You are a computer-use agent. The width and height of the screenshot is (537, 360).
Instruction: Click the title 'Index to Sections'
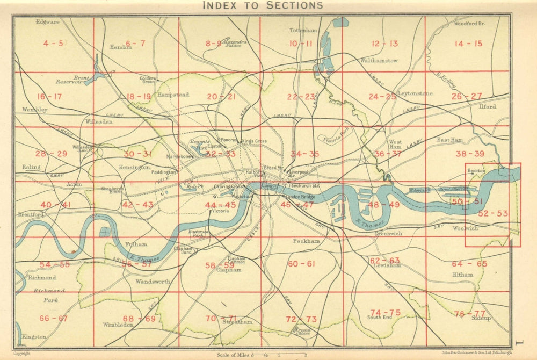pyautogui.click(x=262, y=6)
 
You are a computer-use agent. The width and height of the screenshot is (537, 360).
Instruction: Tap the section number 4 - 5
pyautogui.click(x=53, y=43)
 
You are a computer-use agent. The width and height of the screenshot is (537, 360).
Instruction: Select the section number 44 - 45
pyautogui.click(x=220, y=205)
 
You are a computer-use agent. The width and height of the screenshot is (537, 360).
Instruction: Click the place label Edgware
pyautogui.click(x=47, y=23)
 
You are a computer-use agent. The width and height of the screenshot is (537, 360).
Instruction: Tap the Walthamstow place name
pyautogui.click(x=379, y=61)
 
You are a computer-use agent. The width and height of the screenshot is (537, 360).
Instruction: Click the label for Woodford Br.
pyautogui.click(x=469, y=24)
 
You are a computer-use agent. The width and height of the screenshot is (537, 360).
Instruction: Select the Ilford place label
pyautogui.click(x=487, y=106)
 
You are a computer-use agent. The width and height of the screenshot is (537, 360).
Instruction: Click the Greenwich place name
pyautogui.click(x=388, y=234)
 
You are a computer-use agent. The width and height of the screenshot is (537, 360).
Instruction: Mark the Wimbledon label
pyautogui.click(x=119, y=325)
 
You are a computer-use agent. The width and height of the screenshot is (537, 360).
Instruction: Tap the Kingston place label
pyautogui.click(x=34, y=337)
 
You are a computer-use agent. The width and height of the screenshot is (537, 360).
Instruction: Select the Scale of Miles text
pyautogui.click(x=234, y=355)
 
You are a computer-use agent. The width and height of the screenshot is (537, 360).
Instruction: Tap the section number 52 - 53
pyautogui.click(x=493, y=213)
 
